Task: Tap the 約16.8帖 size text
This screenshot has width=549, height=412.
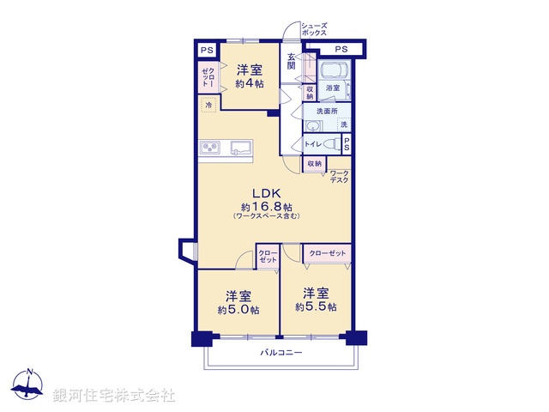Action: (266, 207)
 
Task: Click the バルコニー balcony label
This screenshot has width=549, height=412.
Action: (281, 353)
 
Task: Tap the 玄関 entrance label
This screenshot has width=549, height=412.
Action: (292, 61)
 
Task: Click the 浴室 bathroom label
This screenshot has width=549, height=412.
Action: (333, 88)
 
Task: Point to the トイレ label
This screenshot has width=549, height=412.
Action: (312, 144)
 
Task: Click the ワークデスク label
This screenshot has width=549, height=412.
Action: (340, 177)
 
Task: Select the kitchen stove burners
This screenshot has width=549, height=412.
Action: (211, 149)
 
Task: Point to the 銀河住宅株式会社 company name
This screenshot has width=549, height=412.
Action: (114, 395)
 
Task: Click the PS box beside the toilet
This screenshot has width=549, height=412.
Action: (347, 145)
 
